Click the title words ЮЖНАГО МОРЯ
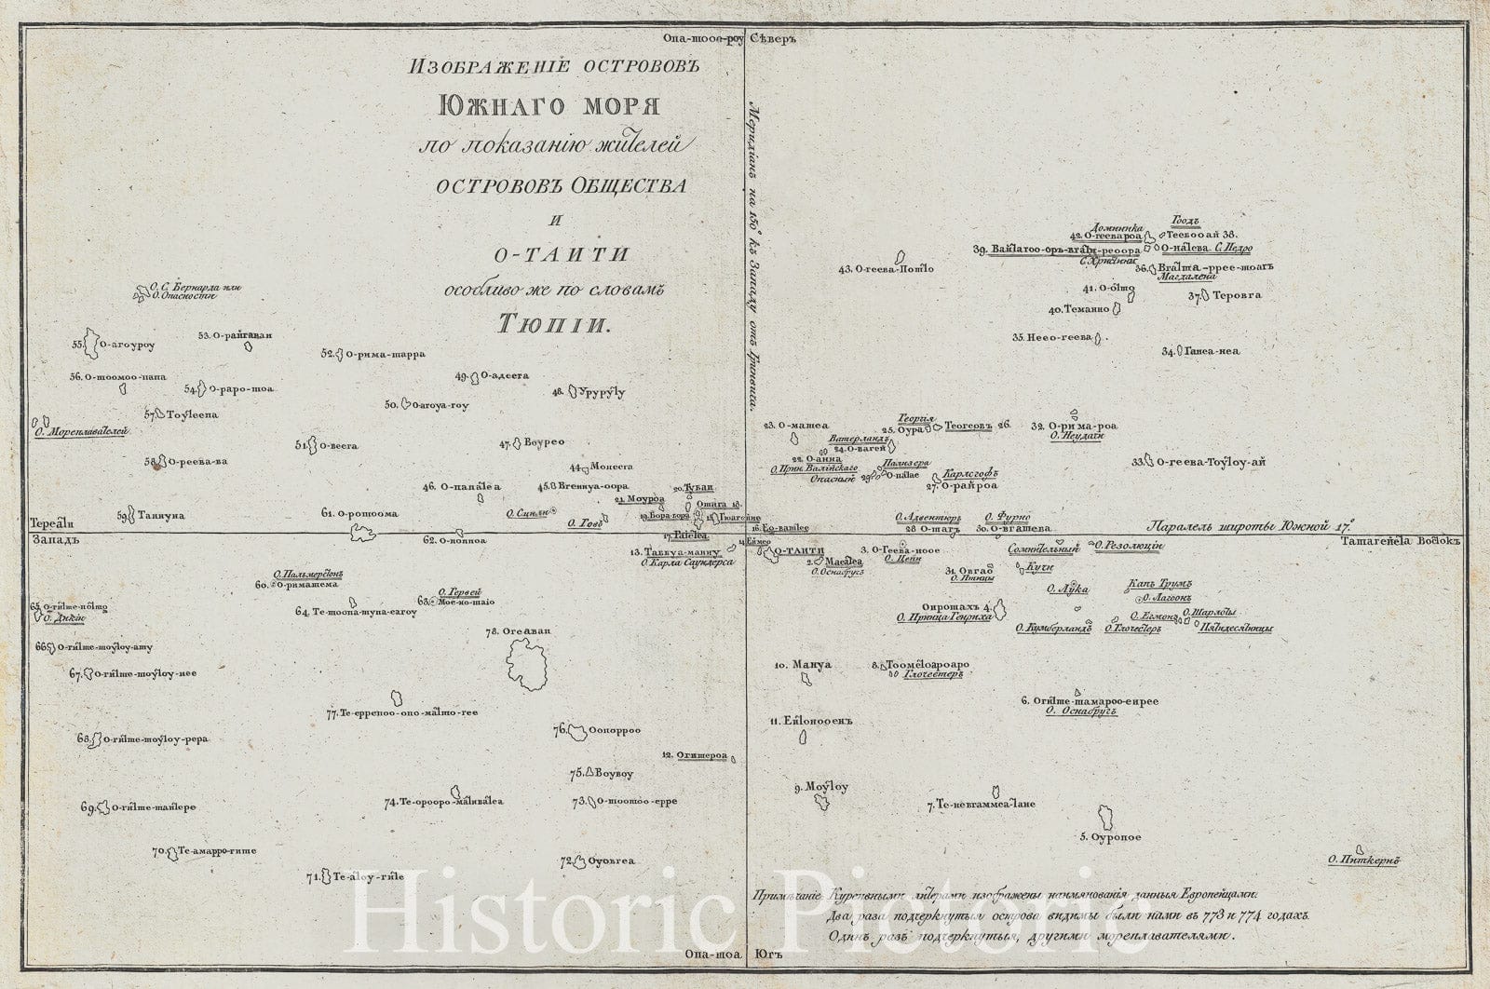(549, 105)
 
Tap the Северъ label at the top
(782, 38)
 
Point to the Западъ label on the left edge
(50, 539)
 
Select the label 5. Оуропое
(1110, 837)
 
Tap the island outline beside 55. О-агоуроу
(92, 342)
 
